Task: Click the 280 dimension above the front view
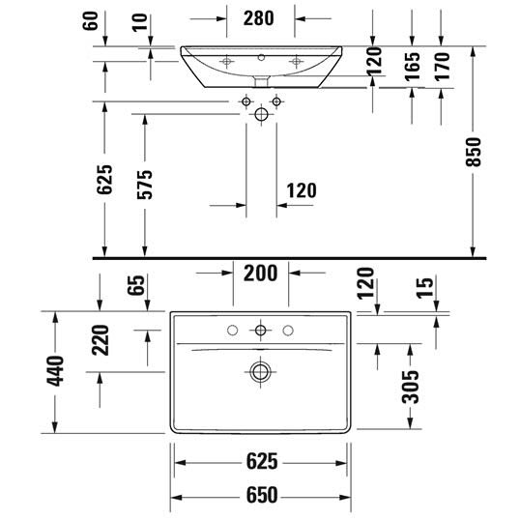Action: pyautogui.click(x=258, y=18)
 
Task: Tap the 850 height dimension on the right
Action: pyautogui.click(x=473, y=152)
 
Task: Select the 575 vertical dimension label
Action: pyautogui.click(x=145, y=185)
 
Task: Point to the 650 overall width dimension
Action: pyautogui.click(x=262, y=495)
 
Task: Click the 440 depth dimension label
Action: pyautogui.click(x=55, y=371)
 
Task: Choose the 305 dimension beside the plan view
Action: pyautogui.click(x=410, y=387)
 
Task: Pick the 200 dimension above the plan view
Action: pyautogui.click(x=260, y=274)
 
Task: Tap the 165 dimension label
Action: pyautogui.click(x=412, y=66)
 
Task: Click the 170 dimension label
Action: pyautogui.click(x=442, y=67)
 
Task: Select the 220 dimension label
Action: pyautogui.click(x=101, y=340)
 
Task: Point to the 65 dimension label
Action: pyautogui.click(x=136, y=285)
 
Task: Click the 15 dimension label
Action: pyautogui.click(x=424, y=288)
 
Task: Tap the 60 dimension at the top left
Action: pyautogui.click(x=90, y=21)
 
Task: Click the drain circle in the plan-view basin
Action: pyautogui.click(x=260, y=371)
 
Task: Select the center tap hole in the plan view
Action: pyautogui.click(x=260, y=331)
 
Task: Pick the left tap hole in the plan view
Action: pyautogui.click(x=232, y=331)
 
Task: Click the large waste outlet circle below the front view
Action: pyautogui.click(x=261, y=114)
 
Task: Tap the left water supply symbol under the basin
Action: pyautogui.click(x=246, y=101)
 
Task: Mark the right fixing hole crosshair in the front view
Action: pyautogui.click(x=296, y=61)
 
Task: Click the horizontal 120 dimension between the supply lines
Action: pyautogui.click(x=302, y=190)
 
